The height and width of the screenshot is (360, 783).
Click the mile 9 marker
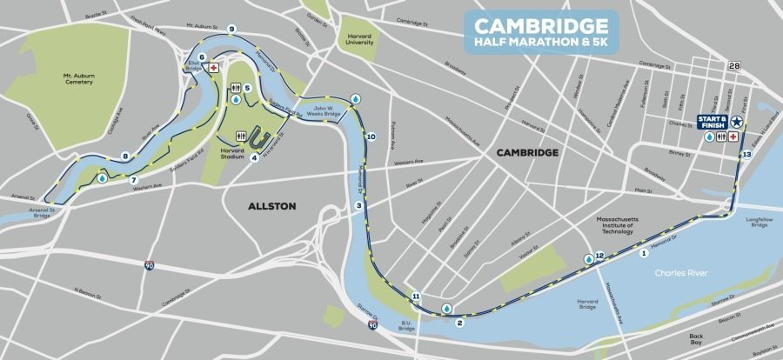232,30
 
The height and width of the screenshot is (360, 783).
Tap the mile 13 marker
746,154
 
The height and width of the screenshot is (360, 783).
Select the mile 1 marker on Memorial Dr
644,253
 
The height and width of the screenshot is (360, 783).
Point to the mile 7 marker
134,181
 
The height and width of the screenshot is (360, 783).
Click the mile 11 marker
417,297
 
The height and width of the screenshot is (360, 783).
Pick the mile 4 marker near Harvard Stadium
255,157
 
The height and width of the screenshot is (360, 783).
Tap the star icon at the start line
737,122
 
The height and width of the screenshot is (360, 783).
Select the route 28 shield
736,66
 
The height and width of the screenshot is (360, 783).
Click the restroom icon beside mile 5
236,89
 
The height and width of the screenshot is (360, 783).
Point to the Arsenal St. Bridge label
38,213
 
